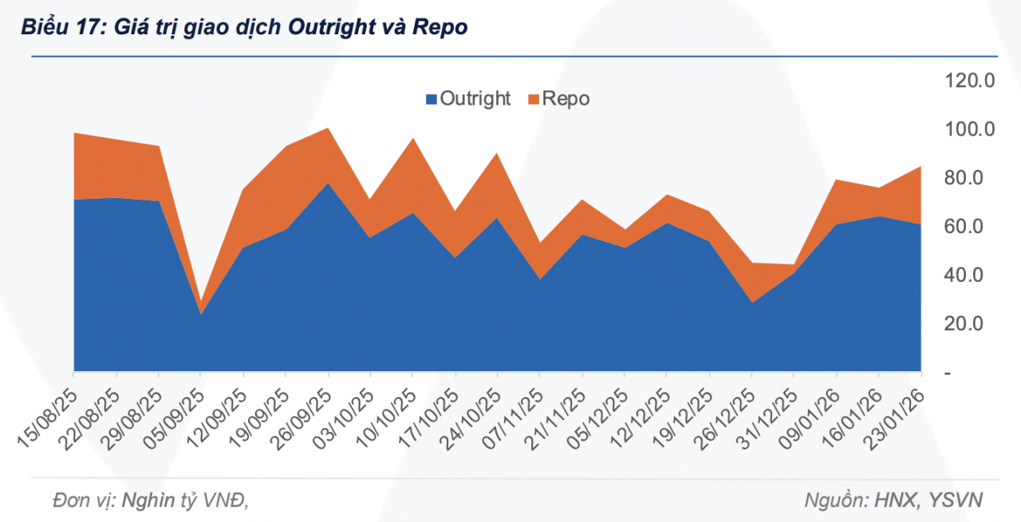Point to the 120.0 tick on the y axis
coord(969,80)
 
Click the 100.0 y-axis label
coord(969,129)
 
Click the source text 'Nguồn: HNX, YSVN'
coord(893,500)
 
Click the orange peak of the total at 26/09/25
coord(328,130)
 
